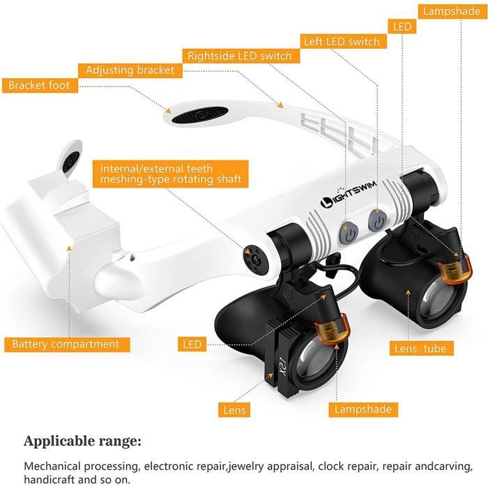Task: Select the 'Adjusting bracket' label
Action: [x=130, y=70]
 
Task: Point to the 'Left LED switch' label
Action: [x=342, y=41]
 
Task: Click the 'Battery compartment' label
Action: [x=66, y=344]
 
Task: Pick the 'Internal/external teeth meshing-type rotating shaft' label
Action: [x=170, y=174]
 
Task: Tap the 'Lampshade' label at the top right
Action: [x=450, y=11]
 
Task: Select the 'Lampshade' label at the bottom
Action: [x=364, y=409]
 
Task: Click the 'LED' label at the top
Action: [x=402, y=26]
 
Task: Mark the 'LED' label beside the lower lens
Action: [x=192, y=344]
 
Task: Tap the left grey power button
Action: [x=349, y=233]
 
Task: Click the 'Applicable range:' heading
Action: [x=82, y=441]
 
